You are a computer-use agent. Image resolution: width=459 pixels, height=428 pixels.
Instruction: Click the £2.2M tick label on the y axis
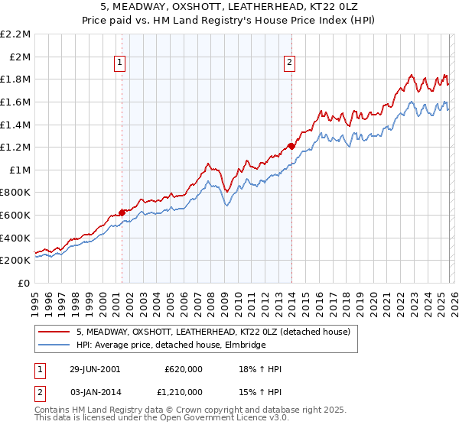(15, 34)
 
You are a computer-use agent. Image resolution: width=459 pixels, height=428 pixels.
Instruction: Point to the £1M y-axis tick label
(19, 170)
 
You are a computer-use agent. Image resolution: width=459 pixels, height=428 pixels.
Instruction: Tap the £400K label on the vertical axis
(15, 238)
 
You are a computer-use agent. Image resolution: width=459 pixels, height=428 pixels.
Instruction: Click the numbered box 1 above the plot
(121, 63)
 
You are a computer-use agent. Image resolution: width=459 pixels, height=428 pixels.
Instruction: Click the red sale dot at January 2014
(291, 146)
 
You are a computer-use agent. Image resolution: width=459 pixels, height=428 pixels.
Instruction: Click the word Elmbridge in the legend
(245, 345)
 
